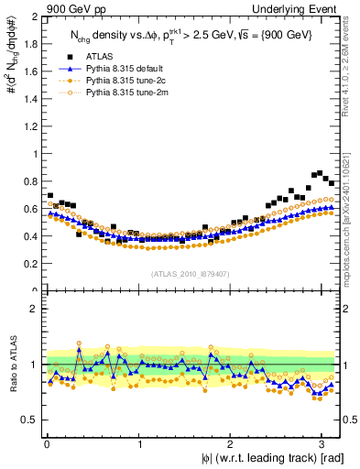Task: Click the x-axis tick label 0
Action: click(x=46, y=443)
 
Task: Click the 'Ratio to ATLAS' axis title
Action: click(x=10, y=365)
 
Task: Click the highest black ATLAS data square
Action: click(x=319, y=172)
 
